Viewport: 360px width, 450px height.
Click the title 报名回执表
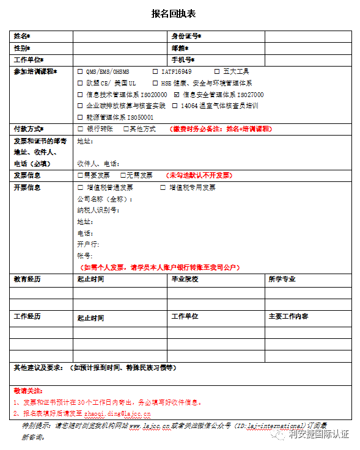179,13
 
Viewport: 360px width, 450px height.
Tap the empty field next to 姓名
120,37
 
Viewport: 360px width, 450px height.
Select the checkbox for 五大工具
217,71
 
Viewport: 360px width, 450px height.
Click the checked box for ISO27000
177,95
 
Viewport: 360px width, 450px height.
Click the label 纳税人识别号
98,210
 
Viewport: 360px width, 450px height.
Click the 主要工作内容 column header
288,316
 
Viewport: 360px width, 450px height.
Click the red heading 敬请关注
28,391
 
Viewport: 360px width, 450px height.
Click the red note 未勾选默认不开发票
199,175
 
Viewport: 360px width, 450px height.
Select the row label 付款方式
28,129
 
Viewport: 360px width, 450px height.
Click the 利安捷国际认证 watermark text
318,434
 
